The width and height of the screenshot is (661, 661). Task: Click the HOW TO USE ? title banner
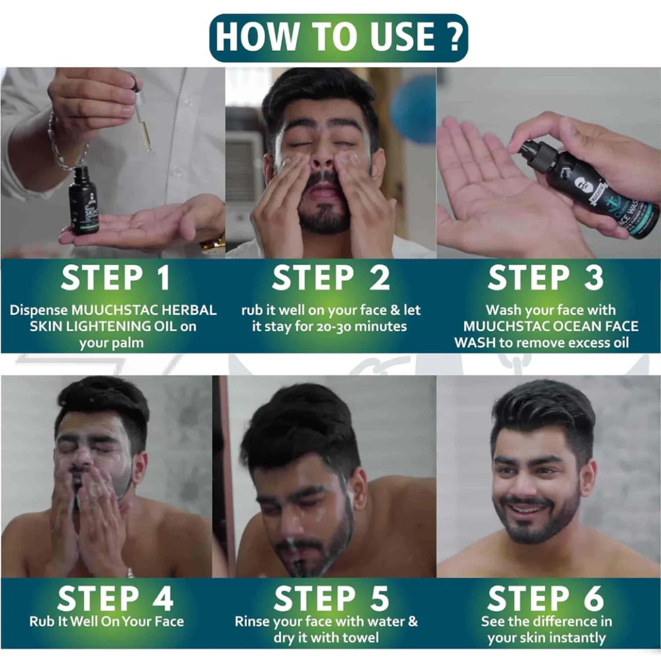coord(338,38)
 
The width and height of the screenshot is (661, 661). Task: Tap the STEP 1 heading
coord(116,278)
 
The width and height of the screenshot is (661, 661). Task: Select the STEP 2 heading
coord(331,278)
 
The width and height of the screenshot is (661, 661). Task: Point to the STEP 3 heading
coord(546,278)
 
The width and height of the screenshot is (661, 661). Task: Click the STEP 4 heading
coord(115,598)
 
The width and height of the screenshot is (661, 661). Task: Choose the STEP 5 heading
coord(331,598)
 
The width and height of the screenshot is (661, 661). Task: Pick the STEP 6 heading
coord(546,598)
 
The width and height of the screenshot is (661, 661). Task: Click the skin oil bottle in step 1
coord(84,201)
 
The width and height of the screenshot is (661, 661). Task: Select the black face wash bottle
coord(590,188)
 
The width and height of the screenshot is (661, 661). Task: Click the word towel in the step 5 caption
coord(358,637)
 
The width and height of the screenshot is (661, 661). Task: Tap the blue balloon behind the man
coord(413,109)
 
